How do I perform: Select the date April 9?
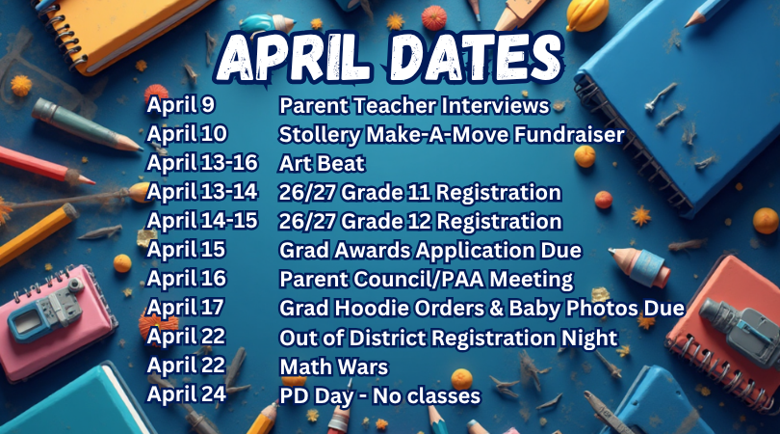pos(173,104)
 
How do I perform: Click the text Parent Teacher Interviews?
pos(414,105)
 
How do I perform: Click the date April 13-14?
pos(201,191)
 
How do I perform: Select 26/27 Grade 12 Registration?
pos(420,221)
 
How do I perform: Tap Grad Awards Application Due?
pos(430,251)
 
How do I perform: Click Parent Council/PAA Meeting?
pos(426,280)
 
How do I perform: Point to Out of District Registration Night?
pos(448,338)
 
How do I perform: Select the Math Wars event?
pos(333,366)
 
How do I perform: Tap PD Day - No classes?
pos(379,395)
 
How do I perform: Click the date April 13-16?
pos(202,162)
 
